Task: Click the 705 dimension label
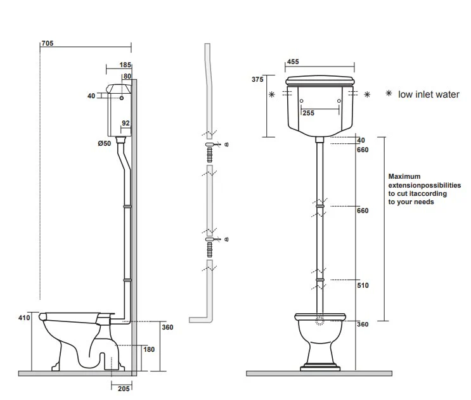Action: tap(48, 43)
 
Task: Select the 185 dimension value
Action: tap(126, 65)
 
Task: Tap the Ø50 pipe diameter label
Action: tap(104, 143)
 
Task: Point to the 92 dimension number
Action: tap(126, 123)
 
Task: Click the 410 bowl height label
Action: tap(24, 318)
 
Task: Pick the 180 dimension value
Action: tap(149, 349)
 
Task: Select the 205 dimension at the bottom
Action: tap(124, 389)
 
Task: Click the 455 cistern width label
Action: tap(293, 61)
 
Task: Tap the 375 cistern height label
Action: tap(257, 79)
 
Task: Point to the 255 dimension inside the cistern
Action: tap(309, 113)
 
